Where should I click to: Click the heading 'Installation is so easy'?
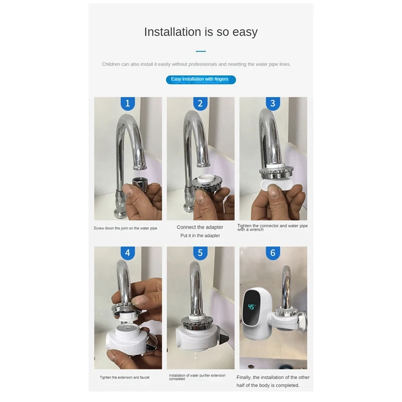click(200, 32)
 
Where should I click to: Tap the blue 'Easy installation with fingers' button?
click(200, 79)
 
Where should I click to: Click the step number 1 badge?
click(128, 104)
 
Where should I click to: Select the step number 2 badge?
click(200, 104)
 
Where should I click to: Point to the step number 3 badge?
click(273, 104)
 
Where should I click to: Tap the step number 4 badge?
click(128, 253)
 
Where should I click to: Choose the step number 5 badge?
click(200, 253)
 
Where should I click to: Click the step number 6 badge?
click(273, 253)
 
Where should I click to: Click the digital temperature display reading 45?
click(252, 306)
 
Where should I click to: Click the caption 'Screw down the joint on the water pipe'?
click(125, 228)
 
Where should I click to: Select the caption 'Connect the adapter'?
click(200, 228)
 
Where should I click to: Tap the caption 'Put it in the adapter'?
click(200, 236)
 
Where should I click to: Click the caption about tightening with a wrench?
click(272, 228)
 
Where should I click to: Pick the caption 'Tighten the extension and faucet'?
click(125, 377)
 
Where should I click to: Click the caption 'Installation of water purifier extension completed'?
click(197, 377)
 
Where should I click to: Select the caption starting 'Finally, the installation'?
click(273, 381)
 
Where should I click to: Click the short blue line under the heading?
click(200, 51)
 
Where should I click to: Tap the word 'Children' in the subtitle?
click(111, 64)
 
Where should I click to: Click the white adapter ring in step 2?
click(204, 178)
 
